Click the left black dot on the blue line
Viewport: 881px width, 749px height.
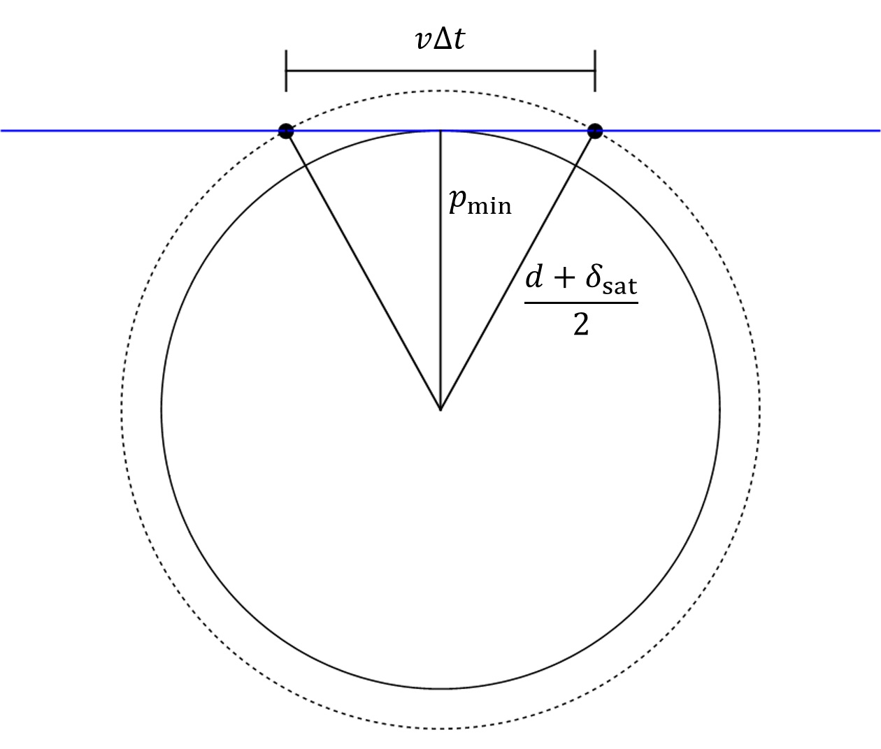point(286,131)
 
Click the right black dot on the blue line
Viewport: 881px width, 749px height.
point(595,131)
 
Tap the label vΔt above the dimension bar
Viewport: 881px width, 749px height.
point(440,41)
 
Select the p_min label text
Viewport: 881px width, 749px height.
point(480,202)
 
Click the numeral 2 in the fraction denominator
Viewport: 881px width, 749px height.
point(580,324)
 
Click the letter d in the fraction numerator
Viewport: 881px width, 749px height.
point(535,278)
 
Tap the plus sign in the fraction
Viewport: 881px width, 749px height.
point(566,281)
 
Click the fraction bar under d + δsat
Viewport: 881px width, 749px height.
point(581,303)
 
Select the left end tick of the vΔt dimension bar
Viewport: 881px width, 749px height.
point(286,71)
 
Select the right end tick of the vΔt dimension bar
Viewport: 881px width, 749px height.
point(595,71)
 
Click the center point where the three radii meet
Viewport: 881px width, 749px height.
point(440,409)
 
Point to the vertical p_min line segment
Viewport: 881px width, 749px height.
point(440,279)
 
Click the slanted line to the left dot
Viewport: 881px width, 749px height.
point(364,270)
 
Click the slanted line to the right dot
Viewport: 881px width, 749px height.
point(517,270)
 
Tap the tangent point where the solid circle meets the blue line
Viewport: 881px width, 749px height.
point(440,131)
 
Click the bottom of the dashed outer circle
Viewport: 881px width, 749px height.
point(440,728)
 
